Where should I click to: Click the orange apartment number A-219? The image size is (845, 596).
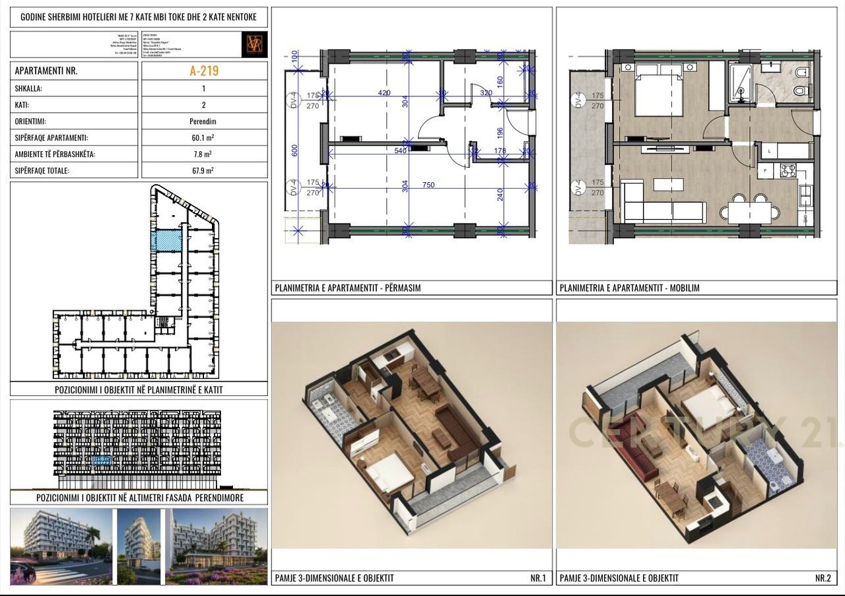(x=203, y=71)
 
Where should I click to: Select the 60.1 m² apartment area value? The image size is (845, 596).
(x=203, y=138)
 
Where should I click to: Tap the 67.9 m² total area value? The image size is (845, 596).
(x=203, y=171)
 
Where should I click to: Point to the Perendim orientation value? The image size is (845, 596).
(x=203, y=121)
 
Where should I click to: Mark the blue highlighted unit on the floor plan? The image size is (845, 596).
(x=166, y=241)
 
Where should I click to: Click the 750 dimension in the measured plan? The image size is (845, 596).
(x=428, y=185)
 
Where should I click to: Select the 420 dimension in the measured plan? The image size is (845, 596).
(x=384, y=93)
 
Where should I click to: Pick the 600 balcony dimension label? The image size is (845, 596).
(x=295, y=150)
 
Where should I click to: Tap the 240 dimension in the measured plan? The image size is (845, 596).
(x=500, y=195)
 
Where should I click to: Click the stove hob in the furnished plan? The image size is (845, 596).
(x=787, y=170)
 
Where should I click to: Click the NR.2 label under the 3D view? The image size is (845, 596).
(x=823, y=578)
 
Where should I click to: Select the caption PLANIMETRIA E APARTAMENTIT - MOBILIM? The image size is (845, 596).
(x=629, y=288)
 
